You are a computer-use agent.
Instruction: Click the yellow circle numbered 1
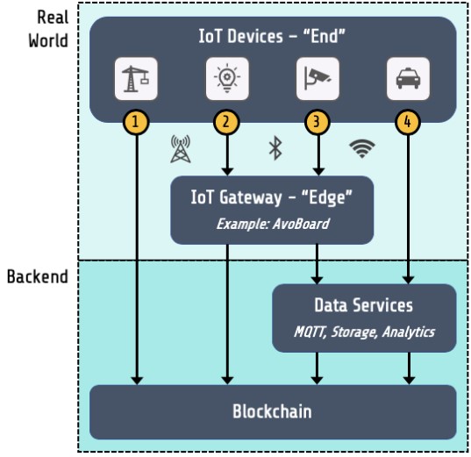(136, 122)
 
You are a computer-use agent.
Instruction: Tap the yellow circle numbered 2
(226, 122)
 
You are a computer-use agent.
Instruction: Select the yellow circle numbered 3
(317, 122)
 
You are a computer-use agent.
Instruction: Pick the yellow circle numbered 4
(408, 122)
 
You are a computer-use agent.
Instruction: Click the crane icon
(135, 79)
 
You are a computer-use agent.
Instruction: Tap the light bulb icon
(227, 78)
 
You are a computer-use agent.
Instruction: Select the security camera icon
(318, 78)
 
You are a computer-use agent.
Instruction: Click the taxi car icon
(408, 78)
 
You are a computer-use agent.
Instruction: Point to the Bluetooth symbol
(275, 148)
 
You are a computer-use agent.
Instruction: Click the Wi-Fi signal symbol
(362, 148)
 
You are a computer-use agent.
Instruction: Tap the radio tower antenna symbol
(180, 149)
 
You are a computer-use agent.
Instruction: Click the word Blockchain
(272, 411)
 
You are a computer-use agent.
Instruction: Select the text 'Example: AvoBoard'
(273, 224)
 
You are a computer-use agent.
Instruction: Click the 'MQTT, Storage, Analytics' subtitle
(364, 332)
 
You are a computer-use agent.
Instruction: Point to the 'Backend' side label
(38, 276)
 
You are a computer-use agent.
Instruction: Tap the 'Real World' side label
(48, 29)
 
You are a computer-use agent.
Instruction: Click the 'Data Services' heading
(363, 305)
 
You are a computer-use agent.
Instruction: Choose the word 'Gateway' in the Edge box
(251, 197)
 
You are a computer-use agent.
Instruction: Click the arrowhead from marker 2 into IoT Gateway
(227, 171)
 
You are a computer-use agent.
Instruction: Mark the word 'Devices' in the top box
(255, 36)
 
